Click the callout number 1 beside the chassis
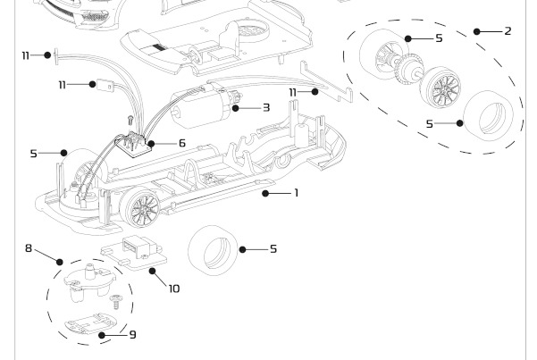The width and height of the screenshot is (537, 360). coord(296,192)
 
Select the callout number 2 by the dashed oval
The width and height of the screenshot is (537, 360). coord(508,31)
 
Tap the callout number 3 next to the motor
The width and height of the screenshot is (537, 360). coord(266,107)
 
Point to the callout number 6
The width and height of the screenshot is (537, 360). coord(181,143)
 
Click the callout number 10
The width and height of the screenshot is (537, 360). coord(173,288)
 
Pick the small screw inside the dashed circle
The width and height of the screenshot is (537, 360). coord(114,304)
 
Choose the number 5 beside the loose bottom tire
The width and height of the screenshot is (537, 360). coord(273,249)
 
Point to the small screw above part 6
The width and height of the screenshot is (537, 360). coord(130,118)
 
